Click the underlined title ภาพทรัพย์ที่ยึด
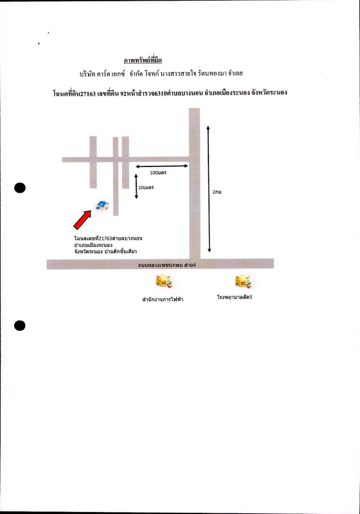[x=143, y=60]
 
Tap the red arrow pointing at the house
[x=82, y=220]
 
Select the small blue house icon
[x=102, y=206]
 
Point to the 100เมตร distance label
[x=158, y=173]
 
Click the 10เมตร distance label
[x=145, y=188]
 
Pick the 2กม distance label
[x=217, y=191]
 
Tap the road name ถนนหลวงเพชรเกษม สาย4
[x=167, y=265]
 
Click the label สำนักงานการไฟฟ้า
[x=163, y=299]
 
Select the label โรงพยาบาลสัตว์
[x=235, y=297]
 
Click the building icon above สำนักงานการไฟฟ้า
[x=163, y=281]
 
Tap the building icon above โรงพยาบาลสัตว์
[x=242, y=281]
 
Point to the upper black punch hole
[x=20, y=188]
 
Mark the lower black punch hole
[x=20, y=325]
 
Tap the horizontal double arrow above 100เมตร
[x=162, y=166]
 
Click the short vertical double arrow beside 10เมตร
[x=136, y=186]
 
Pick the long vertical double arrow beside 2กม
[x=208, y=189]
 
